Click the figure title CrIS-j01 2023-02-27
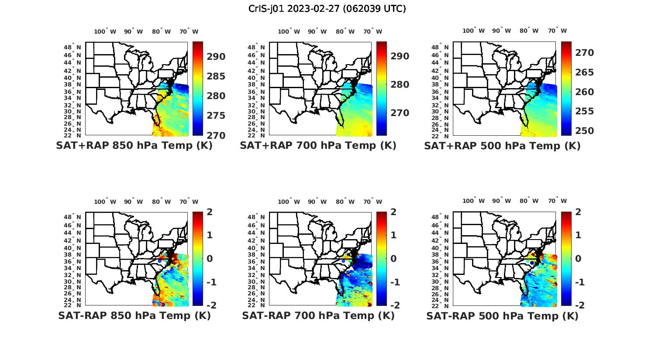point(327,9)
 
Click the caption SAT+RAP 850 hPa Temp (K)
point(134,146)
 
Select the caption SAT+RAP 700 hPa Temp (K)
point(318,146)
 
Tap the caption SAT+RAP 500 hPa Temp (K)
point(502,146)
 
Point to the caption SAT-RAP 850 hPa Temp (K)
point(134,315)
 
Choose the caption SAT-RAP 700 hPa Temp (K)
point(318,315)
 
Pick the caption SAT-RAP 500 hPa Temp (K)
point(502,316)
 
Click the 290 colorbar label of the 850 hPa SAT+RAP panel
point(216,57)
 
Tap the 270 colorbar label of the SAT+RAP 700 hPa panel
point(400,113)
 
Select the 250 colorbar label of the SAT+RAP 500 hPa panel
point(584,131)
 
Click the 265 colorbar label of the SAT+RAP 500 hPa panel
point(584,72)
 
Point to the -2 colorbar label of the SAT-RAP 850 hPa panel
point(211,305)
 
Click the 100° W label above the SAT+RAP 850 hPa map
point(105,31)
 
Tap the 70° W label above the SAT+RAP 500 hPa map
point(557,31)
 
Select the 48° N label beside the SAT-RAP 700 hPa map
point(256,217)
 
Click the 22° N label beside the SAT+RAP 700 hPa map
point(256,135)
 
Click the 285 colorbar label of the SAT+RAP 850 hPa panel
point(216,76)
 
